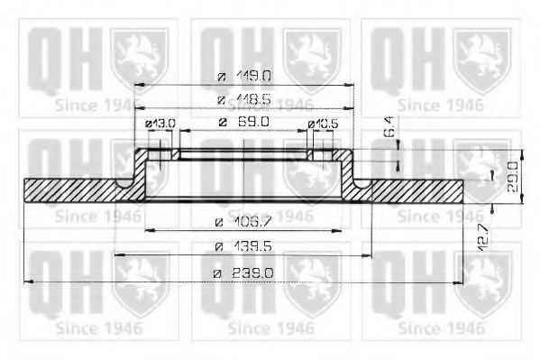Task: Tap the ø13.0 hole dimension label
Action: click(x=160, y=123)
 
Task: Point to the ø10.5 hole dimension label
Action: click(x=323, y=123)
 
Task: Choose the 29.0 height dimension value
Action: click(x=512, y=171)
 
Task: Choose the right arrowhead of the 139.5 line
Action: click(x=370, y=257)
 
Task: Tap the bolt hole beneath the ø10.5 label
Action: click(x=317, y=156)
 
